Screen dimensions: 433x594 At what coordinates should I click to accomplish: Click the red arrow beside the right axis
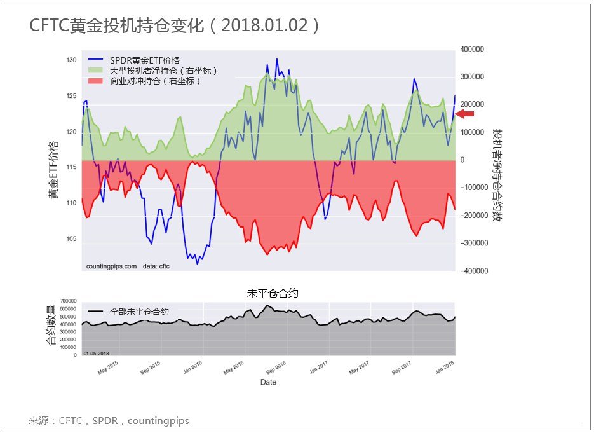pyautogui.click(x=464, y=114)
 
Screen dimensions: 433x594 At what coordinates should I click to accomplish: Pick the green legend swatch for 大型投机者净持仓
pyautogui.click(x=96, y=71)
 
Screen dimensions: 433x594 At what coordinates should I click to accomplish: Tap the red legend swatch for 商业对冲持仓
pyautogui.click(x=96, y=81)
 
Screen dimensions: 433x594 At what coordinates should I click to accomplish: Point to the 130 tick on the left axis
pyautogui.click(x=71, y=60)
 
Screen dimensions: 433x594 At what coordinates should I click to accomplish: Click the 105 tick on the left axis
pyautogui.click(x=71, y=239)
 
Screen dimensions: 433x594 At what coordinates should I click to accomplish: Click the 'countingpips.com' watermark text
pyautogui.click(x=111, y=266)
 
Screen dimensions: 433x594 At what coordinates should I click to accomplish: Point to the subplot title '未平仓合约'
pyautogui.click(x=272, y=293)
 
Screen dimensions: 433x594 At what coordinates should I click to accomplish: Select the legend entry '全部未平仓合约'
pyautogui.click(x=139, y=312)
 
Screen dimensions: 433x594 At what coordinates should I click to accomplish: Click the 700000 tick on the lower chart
pyautogui.click(x=69, y=301)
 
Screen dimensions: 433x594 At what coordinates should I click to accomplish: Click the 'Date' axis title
pyautogui.click(x=268, y=382)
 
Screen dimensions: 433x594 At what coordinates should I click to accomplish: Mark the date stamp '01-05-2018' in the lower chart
pyautogui.click(x=97, y=352)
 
